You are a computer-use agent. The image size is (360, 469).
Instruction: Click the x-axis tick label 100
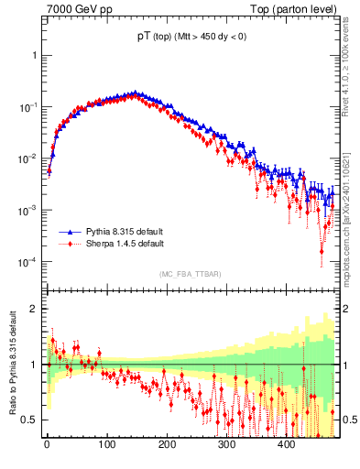(107, 444)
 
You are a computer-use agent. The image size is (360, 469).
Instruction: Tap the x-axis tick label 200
(167, 444)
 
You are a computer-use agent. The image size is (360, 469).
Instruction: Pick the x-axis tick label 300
(226, 444)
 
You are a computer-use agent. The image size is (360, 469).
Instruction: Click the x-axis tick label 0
(47, 444)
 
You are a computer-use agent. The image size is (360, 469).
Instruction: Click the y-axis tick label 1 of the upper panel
(35, 55)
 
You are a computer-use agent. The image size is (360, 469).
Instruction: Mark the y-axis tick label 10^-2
(28, 158)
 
